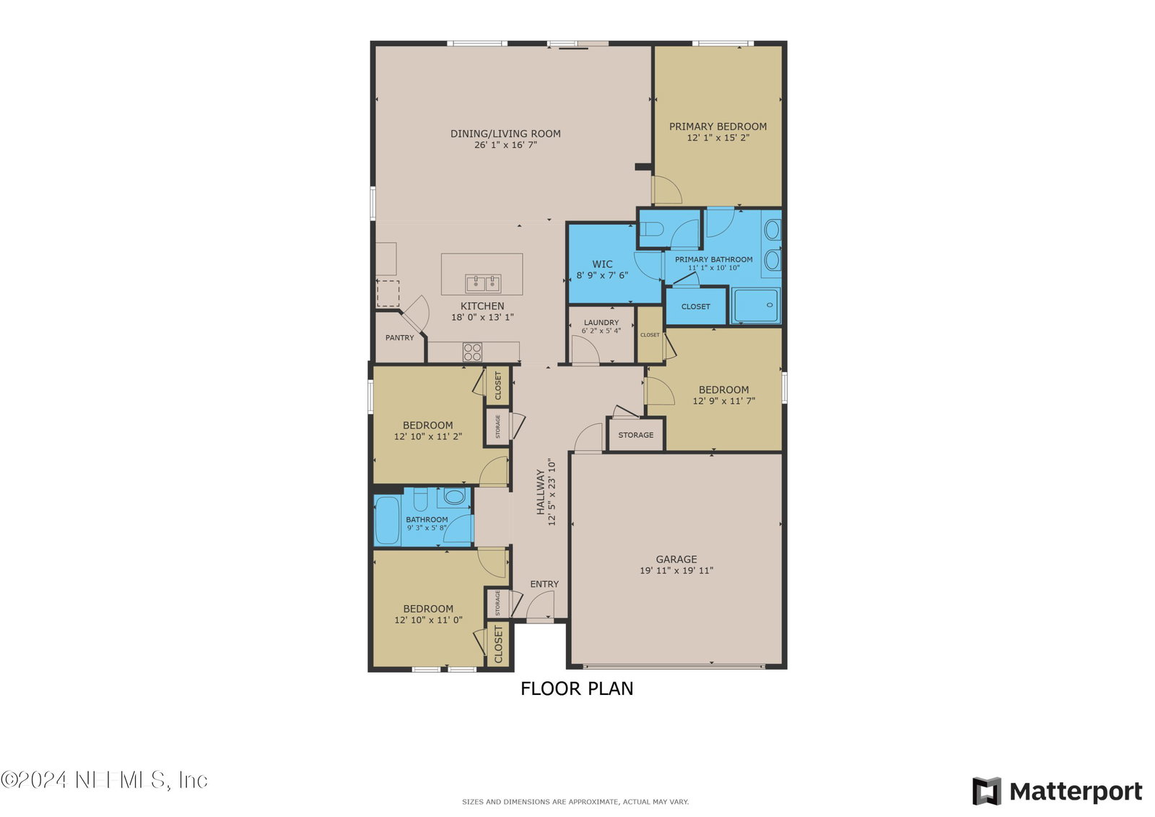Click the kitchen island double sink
[483, 284]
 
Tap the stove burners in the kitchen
[472, 352]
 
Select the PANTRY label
[400, 337]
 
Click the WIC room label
[602, 264]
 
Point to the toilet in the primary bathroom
[651, 229]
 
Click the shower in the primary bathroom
[756, 306]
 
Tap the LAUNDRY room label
[601, 323]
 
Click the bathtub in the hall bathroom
[387, 521]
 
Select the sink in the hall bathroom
[454, 497]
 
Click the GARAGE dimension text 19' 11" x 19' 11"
[676, 570]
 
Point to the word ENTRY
[544, 584]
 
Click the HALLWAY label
[541, 491]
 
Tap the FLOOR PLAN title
[577, 688]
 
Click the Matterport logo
[1058, 791]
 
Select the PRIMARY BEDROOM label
[718, 126]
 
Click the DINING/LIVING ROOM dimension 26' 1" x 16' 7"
[506, 145]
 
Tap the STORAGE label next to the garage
[636, 435]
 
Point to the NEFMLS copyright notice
[104, 780]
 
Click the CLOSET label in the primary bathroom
[696, 306]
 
